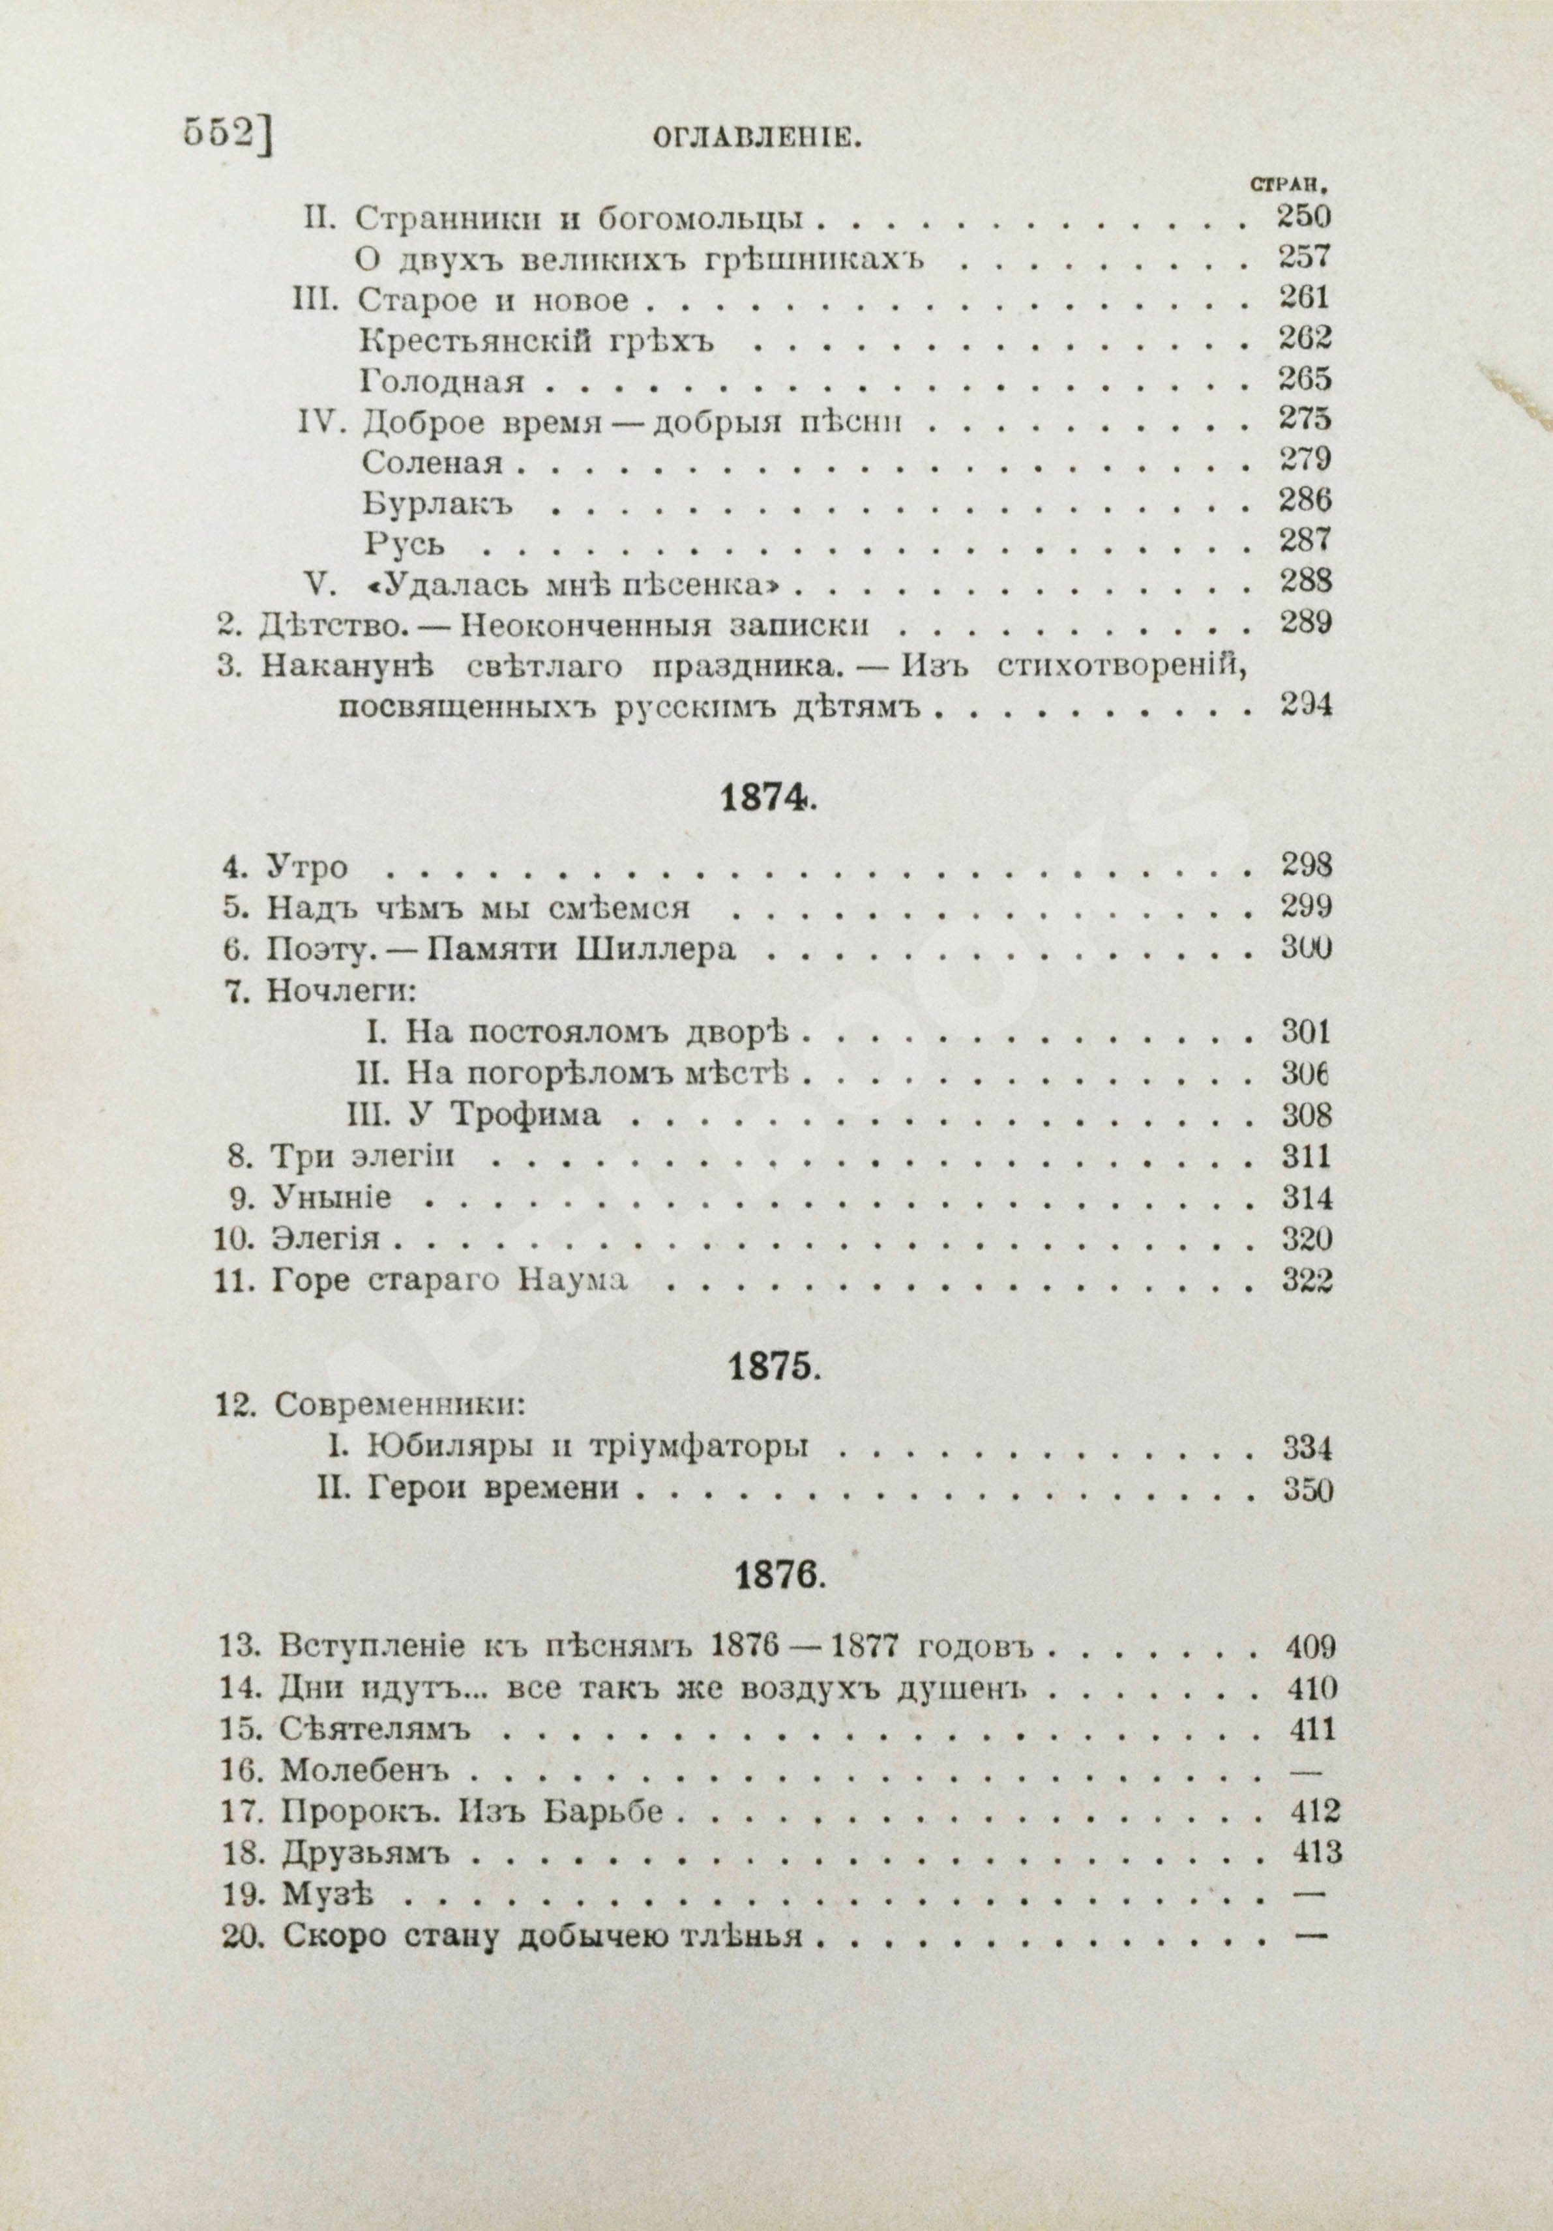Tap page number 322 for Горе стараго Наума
click(x=1305, y=1281)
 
